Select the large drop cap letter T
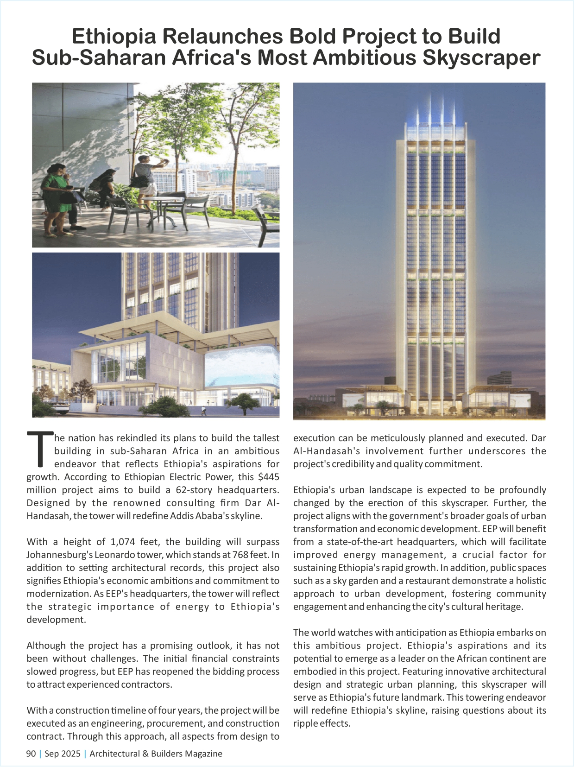pos(40,449)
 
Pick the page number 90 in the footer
pos(31,754)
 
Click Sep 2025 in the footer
pos(63,754)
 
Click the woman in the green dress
pos(56,195)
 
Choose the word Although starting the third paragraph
pos(47,646)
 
